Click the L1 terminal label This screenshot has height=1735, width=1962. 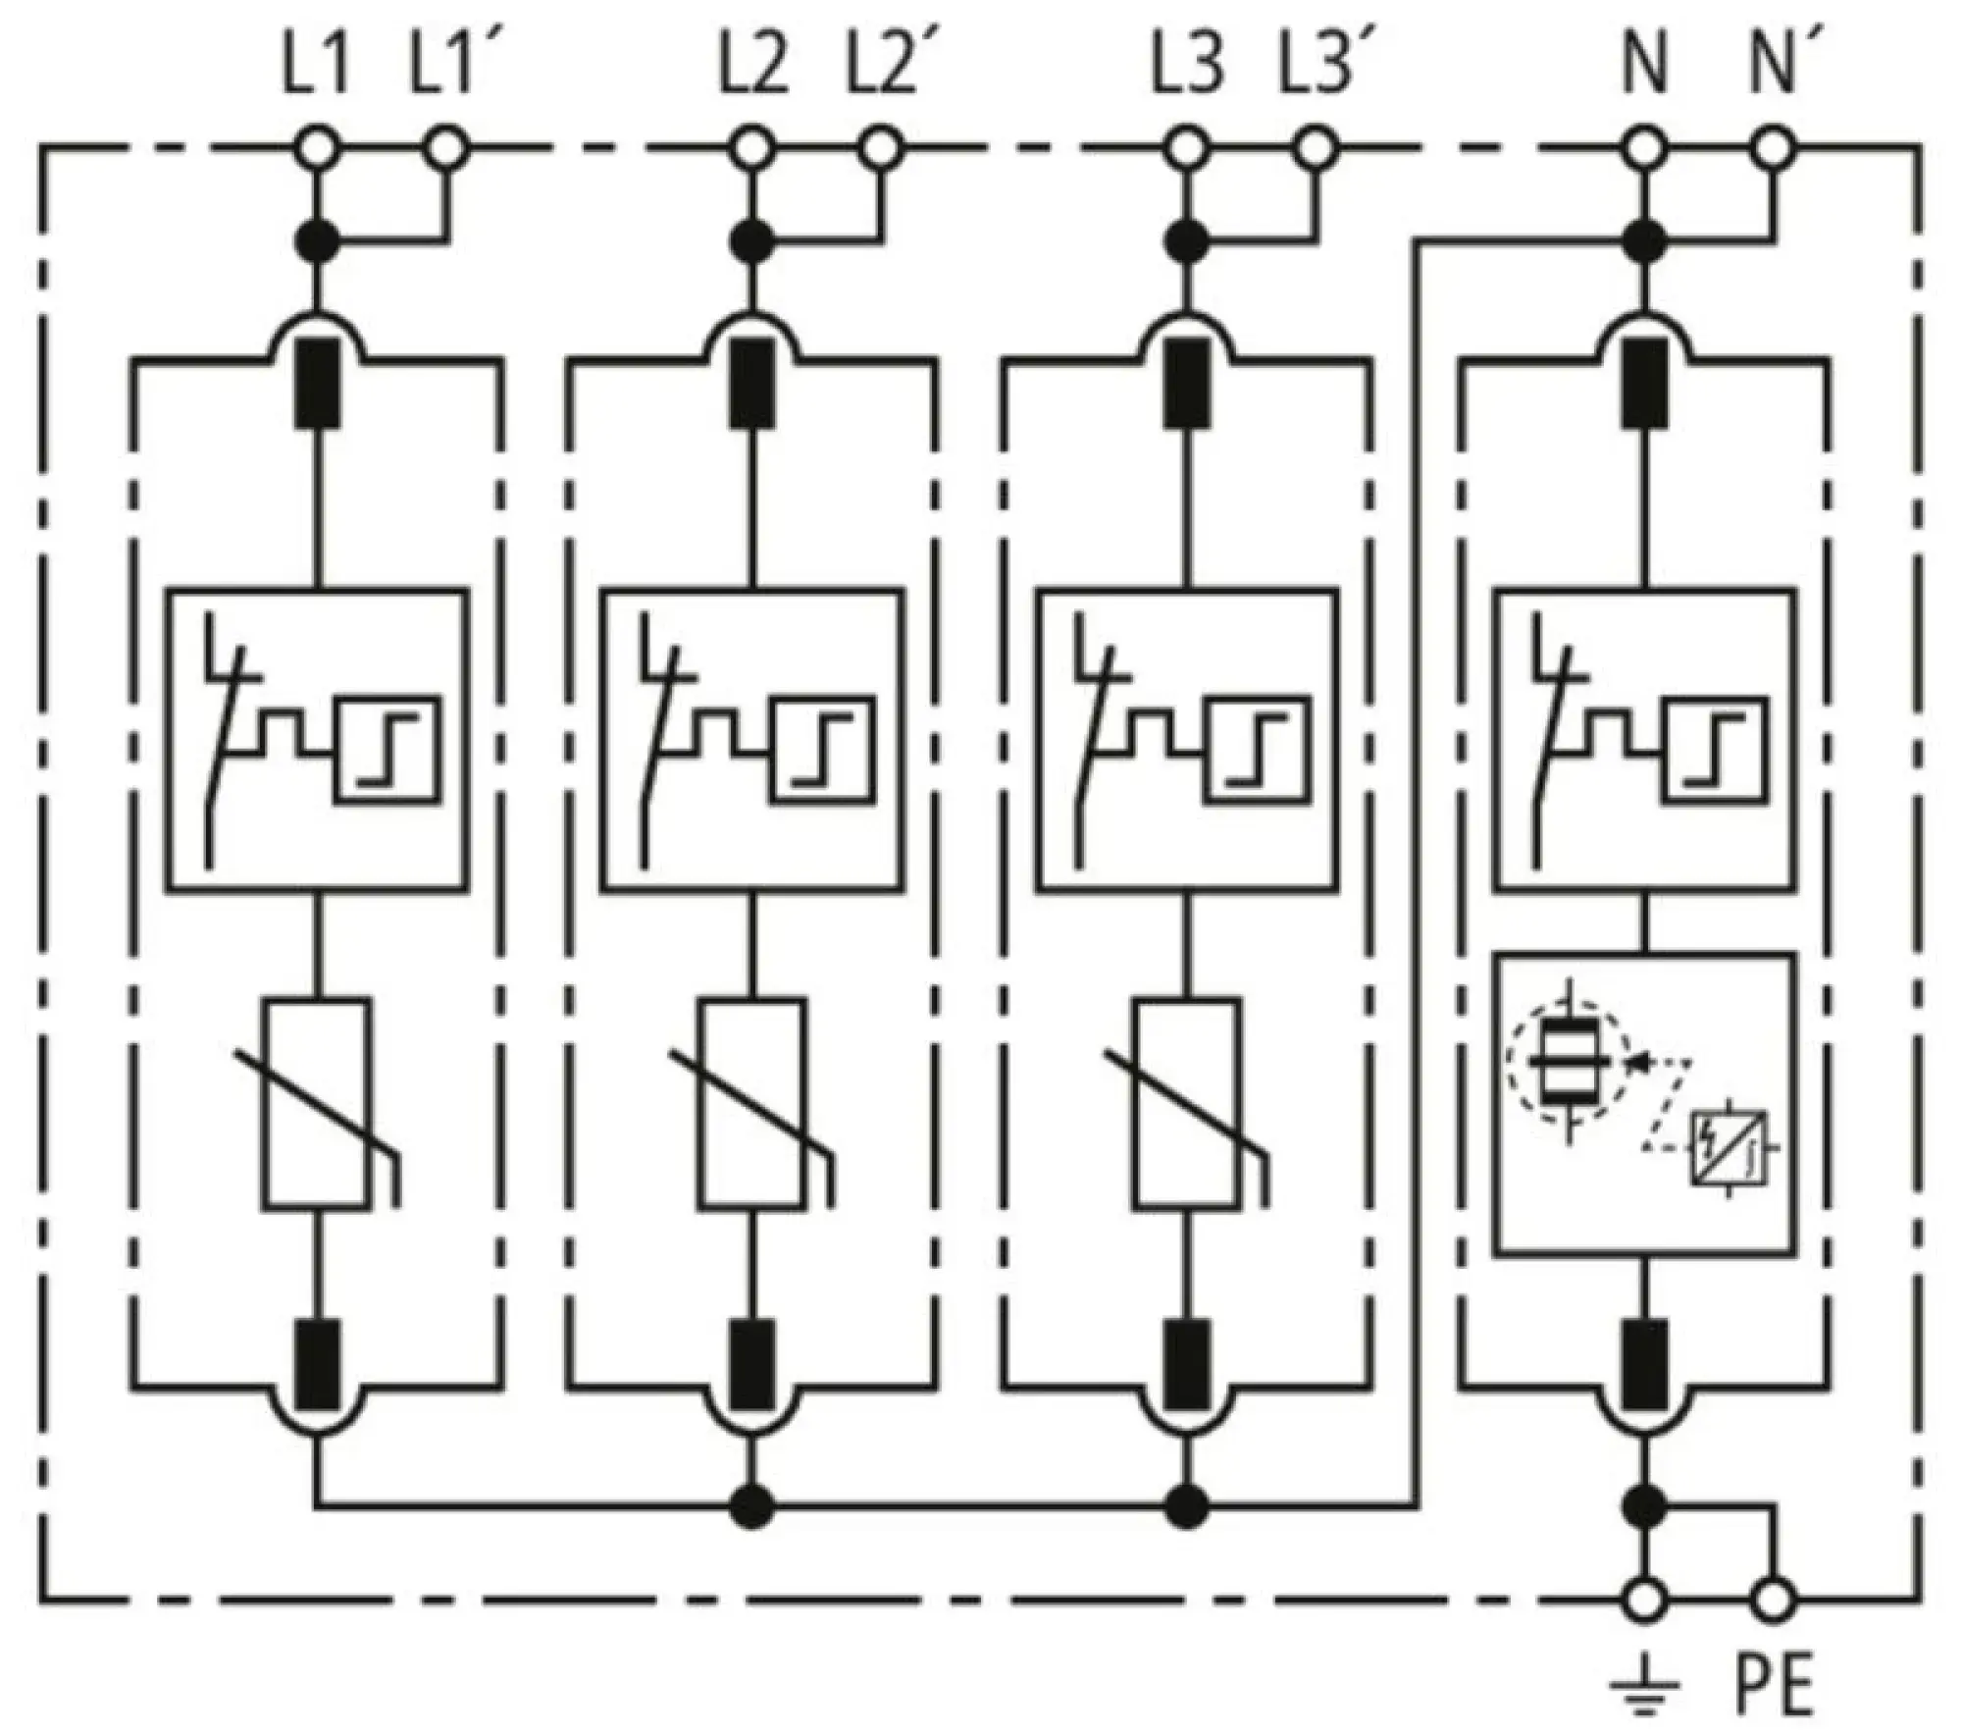point(316,68)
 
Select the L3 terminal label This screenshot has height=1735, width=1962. point(1187,68)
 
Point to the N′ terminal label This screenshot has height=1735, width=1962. point(1774,68)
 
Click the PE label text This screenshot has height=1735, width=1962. point(1775,1684)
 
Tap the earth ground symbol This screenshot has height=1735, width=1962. point(1645,1684)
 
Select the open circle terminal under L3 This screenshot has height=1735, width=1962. point(1187,150)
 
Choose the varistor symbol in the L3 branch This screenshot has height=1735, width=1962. point(1188,1104)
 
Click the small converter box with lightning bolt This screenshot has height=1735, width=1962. point(1728,1146)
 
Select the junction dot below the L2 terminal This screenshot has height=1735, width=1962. point(752,240)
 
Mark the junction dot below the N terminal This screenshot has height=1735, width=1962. point(1645,240)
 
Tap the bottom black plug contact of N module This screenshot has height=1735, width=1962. point(1645,1364)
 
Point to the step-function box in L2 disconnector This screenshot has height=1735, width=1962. point(822,751)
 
